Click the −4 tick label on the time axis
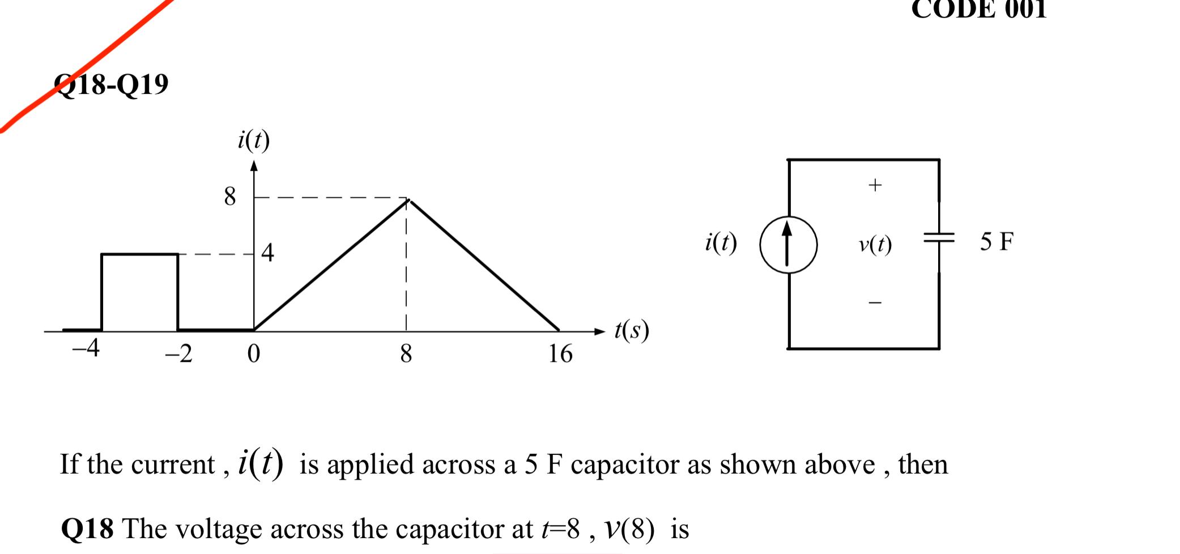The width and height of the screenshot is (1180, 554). [86, 347]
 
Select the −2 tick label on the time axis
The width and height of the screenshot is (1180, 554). [179, 353]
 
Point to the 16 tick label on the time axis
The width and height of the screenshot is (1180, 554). [560, 354]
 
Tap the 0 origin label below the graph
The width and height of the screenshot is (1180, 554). [254, 353]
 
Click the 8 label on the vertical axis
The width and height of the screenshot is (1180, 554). [229, 197]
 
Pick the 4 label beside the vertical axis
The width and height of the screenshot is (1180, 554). [268, 253]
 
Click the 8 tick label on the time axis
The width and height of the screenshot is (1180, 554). [406, 354]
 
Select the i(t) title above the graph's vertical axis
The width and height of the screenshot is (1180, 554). [254, 140]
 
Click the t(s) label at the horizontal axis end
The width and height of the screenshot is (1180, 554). [632, 330]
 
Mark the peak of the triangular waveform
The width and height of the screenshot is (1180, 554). [408, 200]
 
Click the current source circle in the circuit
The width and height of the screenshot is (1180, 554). [788, 245]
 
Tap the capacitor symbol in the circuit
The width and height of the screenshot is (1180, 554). [939, 237]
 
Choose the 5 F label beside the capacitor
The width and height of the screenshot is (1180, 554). [996, 242]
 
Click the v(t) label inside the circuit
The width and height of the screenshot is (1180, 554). [875, 244]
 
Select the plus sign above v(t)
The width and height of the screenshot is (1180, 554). [875, 185]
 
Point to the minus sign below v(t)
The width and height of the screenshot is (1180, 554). [875, 303]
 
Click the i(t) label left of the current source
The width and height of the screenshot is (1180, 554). [721, 242]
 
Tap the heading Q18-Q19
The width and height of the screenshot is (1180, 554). [112, 84]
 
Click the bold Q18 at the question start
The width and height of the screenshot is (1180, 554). [87, 529]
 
